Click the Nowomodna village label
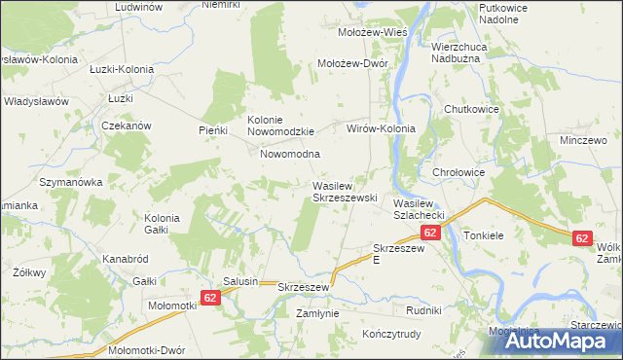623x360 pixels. [290, 154]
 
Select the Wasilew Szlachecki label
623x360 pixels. [419, 208]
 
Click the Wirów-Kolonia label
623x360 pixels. [382, 128]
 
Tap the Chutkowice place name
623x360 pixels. [471, 109]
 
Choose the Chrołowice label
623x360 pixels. [458, 172]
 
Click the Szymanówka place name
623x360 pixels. [70, 182]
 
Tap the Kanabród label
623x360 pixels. [125, 260]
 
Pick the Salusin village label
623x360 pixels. [240, 281]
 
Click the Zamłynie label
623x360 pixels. [317, 313]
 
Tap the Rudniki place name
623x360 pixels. [424, 310]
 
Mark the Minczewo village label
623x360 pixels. [577, 140]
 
